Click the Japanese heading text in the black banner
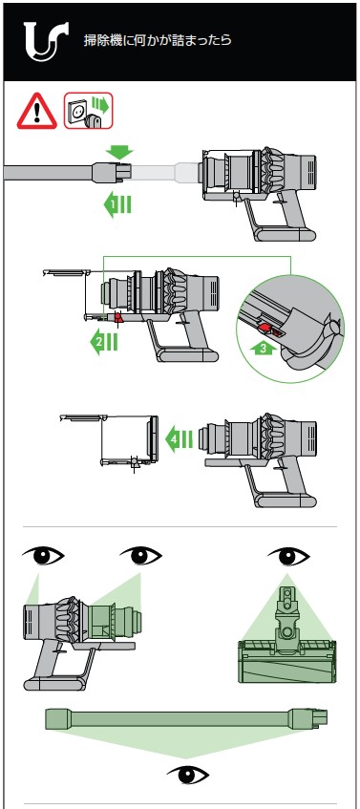(158, 40)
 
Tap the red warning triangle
(37, 112)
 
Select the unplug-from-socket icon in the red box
(88, 111)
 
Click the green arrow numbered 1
(117, 205)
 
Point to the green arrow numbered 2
(104, 343)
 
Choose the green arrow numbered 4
(179, 439)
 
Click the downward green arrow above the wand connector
(119, 152)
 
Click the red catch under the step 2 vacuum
(118, 317)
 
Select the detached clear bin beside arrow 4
(110, 439)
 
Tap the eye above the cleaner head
(288, 557)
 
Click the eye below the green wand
(188, 775)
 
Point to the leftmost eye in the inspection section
(43, 556)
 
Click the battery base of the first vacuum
(286, 234)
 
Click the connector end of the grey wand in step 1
(113, 171)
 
